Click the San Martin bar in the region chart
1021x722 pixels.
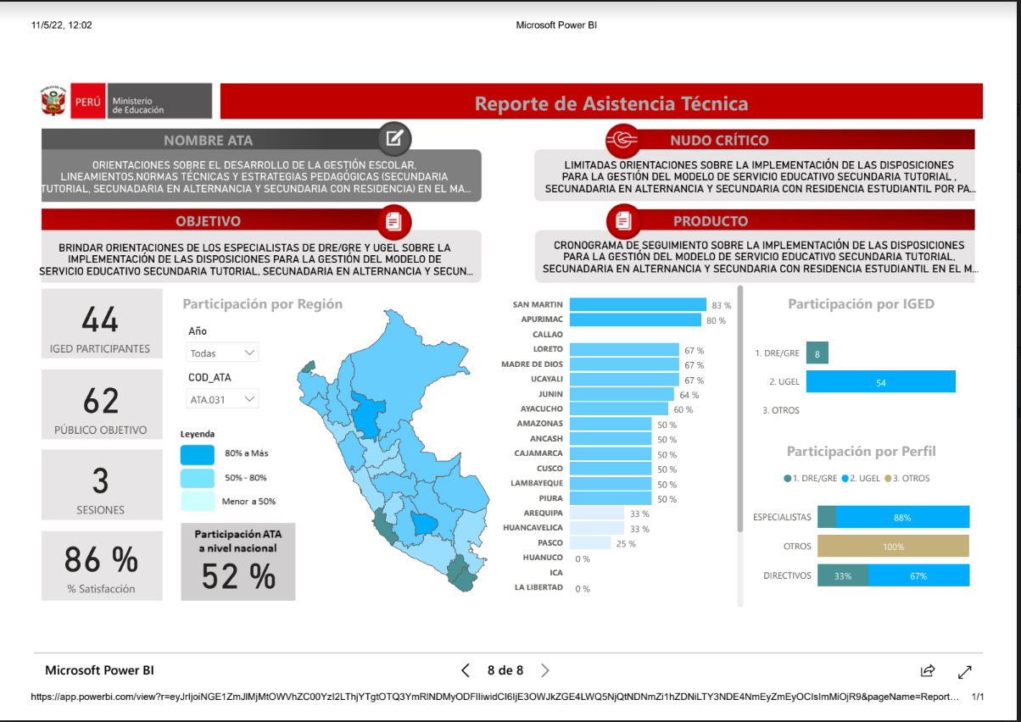638,304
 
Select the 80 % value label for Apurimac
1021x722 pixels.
716,320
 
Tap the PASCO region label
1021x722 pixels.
550,542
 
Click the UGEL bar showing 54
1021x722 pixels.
880,381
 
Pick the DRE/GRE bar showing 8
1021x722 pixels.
817,353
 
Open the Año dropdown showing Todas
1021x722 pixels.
222,353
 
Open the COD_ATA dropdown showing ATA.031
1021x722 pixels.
222,399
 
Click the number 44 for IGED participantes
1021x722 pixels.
100,319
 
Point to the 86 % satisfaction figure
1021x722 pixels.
101,558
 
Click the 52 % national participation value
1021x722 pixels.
238,576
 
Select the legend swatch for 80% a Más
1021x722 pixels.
198,454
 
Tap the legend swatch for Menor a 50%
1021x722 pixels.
198,501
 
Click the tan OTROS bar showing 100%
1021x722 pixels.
893,546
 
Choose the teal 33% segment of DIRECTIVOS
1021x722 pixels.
843,575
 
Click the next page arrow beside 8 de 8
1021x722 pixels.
545,670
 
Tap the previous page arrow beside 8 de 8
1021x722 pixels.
466,670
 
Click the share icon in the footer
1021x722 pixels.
928,670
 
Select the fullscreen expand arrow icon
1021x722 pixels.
965,671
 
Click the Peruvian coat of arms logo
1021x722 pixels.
53,101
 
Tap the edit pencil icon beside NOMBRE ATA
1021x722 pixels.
394,138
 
